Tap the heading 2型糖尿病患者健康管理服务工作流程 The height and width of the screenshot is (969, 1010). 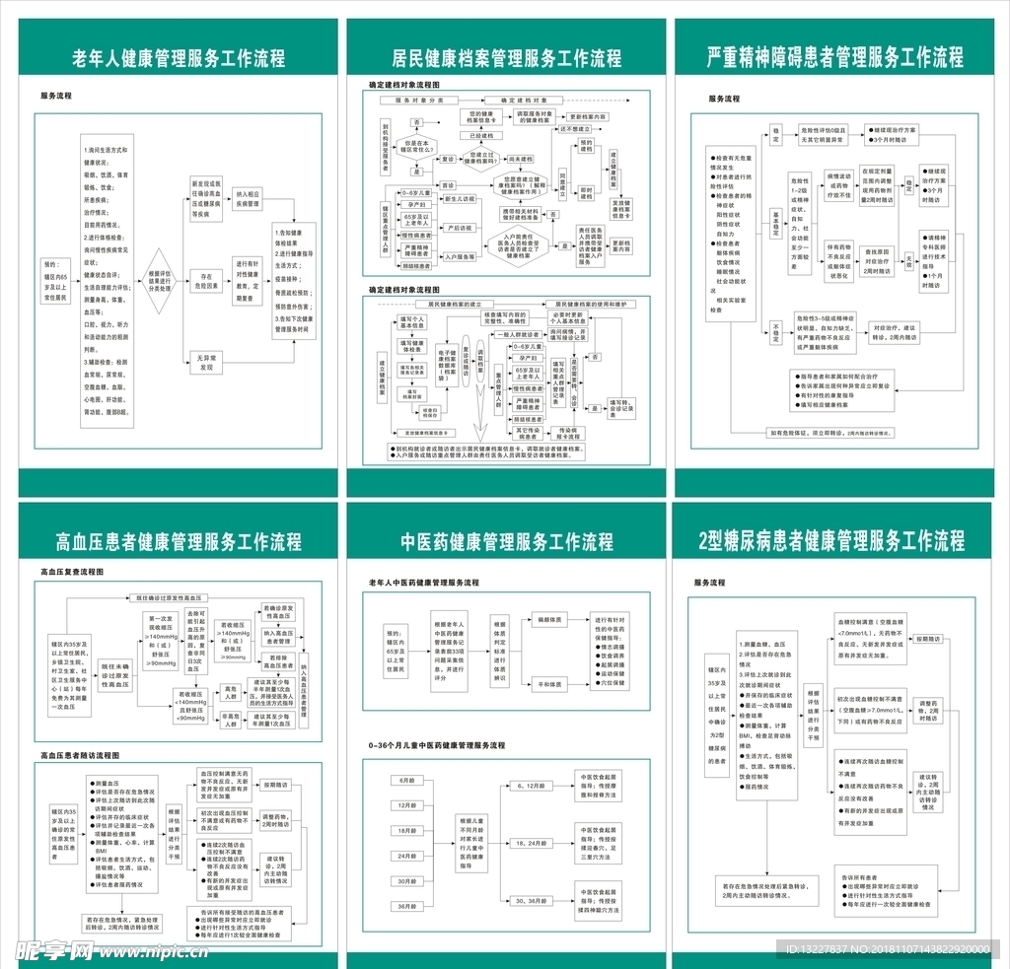point(830,540)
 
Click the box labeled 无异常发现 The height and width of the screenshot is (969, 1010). point(206,362)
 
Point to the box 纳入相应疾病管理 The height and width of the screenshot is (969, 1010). point(247,200)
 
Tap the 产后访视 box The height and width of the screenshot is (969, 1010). point(460,228)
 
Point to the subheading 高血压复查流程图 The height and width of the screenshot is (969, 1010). point(72,572)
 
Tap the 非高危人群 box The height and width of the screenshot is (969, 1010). point(231,720)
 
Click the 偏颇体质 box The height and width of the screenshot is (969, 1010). point(549,620)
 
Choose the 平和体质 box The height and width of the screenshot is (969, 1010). point(549,683)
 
